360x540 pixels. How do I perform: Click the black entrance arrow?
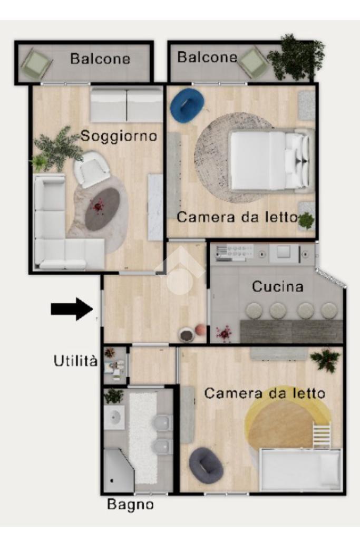[72, 309]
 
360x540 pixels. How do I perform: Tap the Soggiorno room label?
[119, 136]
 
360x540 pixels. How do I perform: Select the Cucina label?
[277, 286]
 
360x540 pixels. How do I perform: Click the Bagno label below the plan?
[130, 505]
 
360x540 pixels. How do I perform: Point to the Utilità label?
[75, 361]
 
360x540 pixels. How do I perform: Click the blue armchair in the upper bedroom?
[187, 105]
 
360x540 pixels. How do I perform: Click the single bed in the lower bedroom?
[300, 469]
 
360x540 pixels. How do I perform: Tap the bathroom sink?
[114, 417]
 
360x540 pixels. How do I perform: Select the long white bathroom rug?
[142, 438]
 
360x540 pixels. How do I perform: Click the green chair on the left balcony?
[36, 63]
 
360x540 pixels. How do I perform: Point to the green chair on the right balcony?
[254, 62]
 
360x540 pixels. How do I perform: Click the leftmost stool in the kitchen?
[254, 311]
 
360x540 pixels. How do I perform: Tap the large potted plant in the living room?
[57, 150]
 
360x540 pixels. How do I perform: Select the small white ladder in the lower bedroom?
[322, 435]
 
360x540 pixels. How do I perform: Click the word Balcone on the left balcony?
[100, 59]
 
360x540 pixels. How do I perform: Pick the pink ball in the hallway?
[201, 330]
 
